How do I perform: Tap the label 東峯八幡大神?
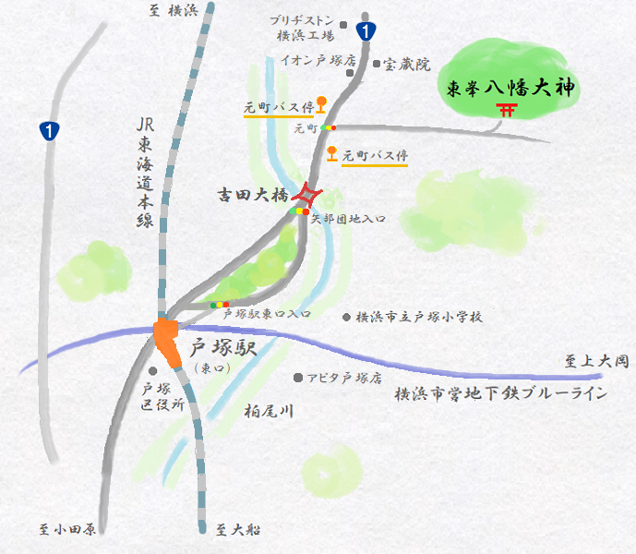click(x=505, y=89)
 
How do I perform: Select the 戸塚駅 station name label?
click(x=222, y=350)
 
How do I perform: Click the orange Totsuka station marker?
click(x=168, y=339)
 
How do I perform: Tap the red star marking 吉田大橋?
click(x=306, y=195)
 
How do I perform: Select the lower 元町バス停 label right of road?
click(x=375, y=156)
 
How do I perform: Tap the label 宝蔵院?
click(x=407, y=65)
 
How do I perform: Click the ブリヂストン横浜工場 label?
click(x=305, y=29)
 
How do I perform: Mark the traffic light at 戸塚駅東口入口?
click(x=220, y=304)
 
